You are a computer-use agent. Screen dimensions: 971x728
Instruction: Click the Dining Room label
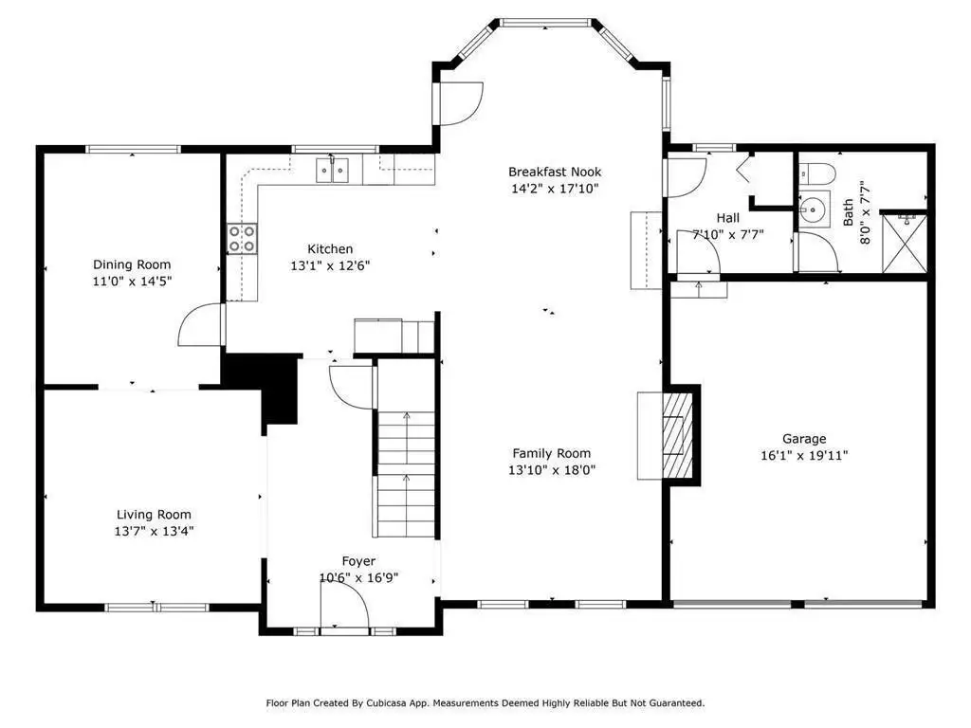tap(132, 264)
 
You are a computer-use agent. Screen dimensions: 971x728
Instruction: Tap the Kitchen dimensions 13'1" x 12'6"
tap(330, 265)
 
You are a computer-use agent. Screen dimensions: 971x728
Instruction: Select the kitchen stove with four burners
tap(242, 238)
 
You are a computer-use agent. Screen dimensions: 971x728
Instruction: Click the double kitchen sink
tap(333, 171)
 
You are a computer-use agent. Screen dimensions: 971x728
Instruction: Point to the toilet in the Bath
tap(816, 173)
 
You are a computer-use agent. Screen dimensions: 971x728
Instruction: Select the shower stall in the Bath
tap(904, 243)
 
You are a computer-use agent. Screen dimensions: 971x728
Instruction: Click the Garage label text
tap(804, 439)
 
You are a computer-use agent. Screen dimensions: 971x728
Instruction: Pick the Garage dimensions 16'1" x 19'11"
tap(804, 456)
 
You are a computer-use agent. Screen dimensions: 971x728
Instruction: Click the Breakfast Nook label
tap(555, 172)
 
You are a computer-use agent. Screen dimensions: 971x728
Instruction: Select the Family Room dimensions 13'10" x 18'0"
tap(552, 470)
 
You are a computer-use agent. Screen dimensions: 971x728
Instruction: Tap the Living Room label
tap(154, 515)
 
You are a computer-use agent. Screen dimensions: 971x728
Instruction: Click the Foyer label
tap(358, 561)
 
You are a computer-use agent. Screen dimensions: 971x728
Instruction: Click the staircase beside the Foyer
tap(406, 448)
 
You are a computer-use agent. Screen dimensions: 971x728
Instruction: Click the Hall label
tap(727, 218)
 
